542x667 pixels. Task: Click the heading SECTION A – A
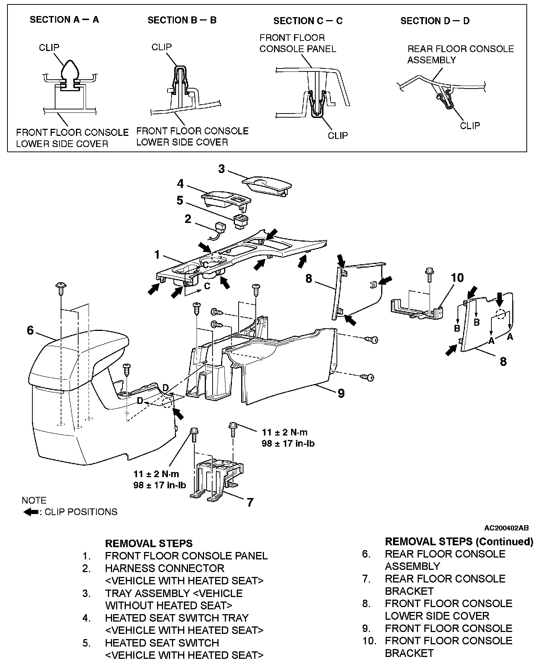click(x=64, y=20)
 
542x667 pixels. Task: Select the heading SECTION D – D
click(x=435, y=21)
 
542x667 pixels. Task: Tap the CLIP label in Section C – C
click(x=338, y=135)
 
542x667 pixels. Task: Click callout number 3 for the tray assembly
click(x=221, y=169)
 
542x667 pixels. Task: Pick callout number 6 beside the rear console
click(x=30, y=330)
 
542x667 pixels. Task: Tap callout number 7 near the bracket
click(x=250, y=502)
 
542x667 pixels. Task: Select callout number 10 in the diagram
click(x=457, y=278)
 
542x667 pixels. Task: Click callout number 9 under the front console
click(x=341, y=393)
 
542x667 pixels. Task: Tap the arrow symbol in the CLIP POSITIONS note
click(x=31, y=512)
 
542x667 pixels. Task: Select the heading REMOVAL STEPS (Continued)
click(x=459, y=542)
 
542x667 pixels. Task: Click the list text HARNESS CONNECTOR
click(x=165, y=568)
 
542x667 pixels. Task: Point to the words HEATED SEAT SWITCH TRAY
click(x=176, y=618)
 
